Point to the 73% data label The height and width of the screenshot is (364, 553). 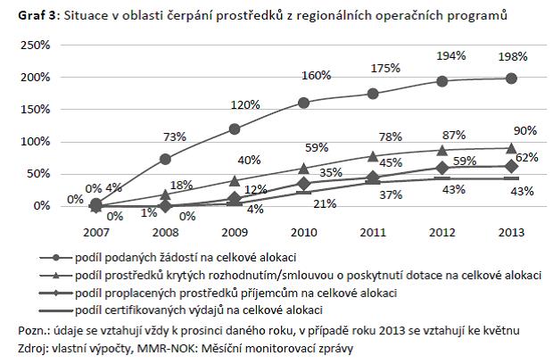pyautogui.click(x=174, y=136)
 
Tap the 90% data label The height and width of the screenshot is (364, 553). pyautogui.click(x=525, y=130)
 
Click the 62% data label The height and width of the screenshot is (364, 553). pyautogui.click(x=526, y=157)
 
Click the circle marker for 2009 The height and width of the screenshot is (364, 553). pyautogui.click(x=234, y=128)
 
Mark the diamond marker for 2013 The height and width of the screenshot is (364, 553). pyautogui.click(x=509, y=166)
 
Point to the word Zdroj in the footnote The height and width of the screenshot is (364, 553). pyautogui.click(x=36, y=350)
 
